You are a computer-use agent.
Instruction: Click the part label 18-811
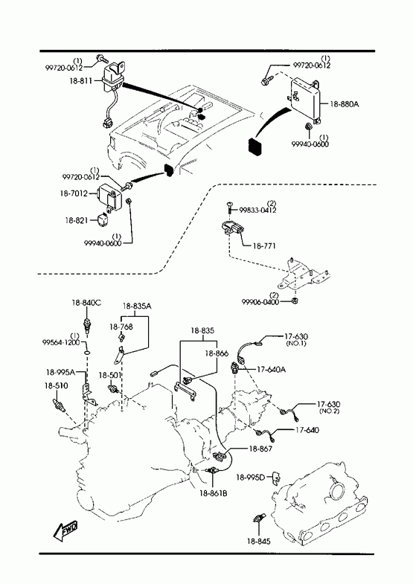80,80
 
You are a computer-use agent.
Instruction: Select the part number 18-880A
344,104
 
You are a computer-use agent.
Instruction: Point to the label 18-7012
74,193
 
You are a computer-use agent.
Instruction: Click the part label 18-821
77,220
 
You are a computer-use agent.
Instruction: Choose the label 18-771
264,246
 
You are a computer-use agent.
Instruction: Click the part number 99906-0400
260,302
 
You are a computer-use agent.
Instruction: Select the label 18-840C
86,303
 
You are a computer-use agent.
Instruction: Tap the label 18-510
57,385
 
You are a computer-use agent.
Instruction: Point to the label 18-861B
214,493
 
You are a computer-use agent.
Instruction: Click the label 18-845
259,541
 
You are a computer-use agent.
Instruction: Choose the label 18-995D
250,477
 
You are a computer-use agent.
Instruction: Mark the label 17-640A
272,370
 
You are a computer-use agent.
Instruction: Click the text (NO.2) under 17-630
329,411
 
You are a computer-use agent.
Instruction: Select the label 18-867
260,449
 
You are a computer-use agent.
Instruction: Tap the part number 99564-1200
61,342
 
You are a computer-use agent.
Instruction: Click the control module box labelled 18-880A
304,100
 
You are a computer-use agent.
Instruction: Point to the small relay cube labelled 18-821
103,219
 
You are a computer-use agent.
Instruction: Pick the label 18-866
217,353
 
